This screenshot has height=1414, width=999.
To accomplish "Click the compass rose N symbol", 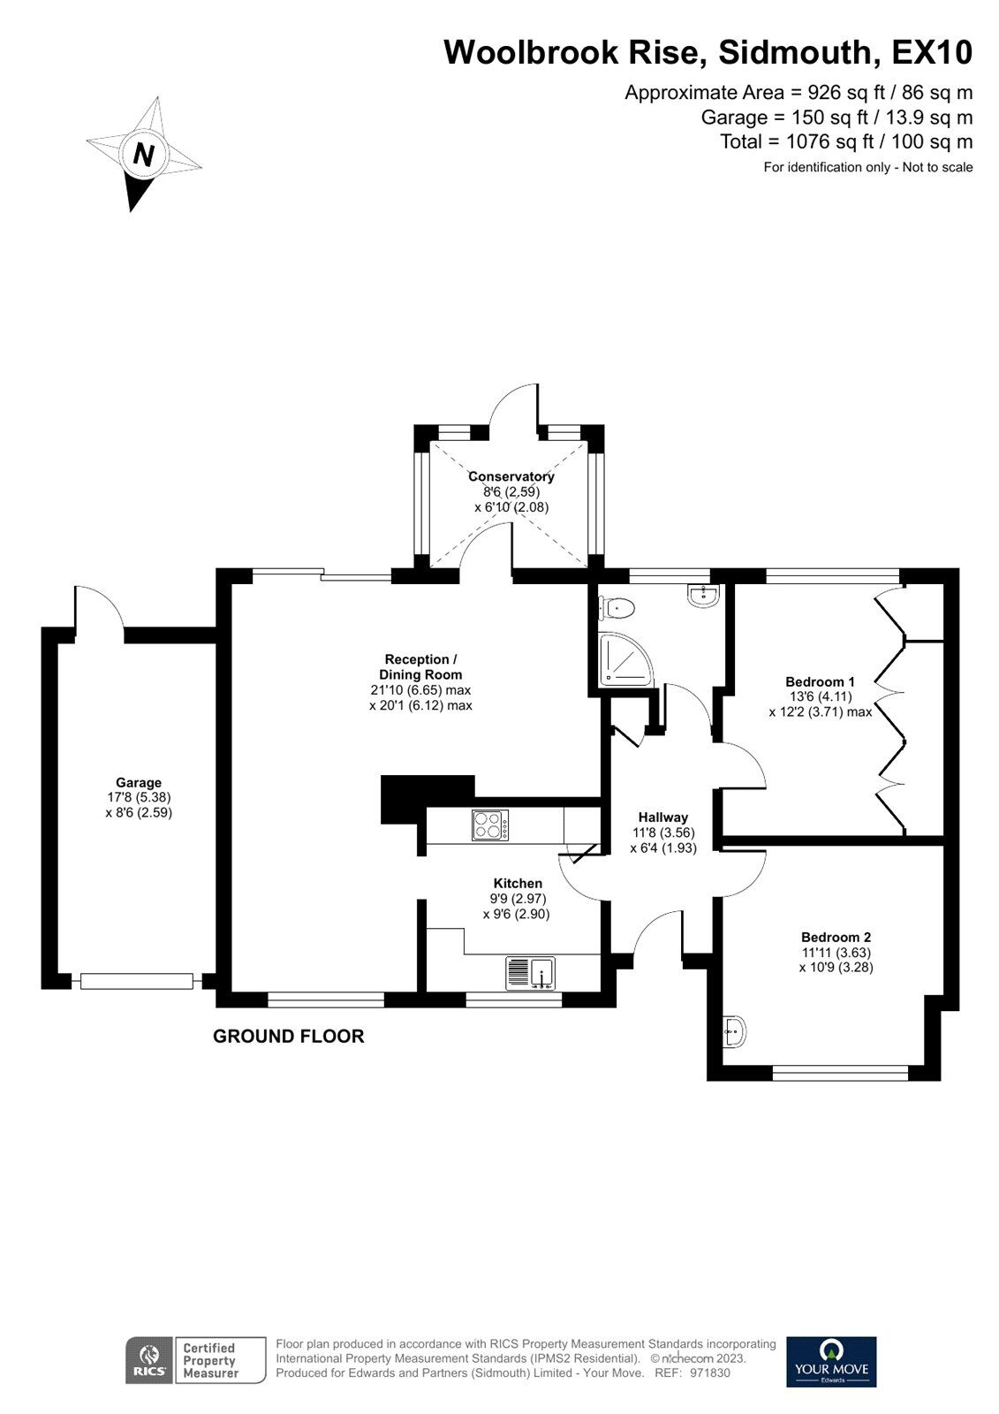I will click(x=143, y=155).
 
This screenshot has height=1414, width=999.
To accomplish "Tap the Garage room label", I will click(x=139, y=782).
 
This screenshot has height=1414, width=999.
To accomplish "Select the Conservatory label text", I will click(x=511, y=476).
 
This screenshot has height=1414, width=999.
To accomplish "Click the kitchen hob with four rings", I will click(x=490, y=825).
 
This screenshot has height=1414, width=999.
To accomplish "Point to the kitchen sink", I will click(x=530, y=973).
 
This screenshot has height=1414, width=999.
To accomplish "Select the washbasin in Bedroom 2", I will click(x=733, y=1030).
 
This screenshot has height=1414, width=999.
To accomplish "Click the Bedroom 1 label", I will click(x=820, y=681).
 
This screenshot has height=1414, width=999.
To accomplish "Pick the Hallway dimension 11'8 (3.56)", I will click(x=662, y=832).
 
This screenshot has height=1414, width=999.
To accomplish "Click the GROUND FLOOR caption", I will click(x=288, y=1037).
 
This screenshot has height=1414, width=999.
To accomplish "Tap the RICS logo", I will click(x=148, y=1360).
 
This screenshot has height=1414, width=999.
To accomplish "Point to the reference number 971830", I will click(x=709, y=1373).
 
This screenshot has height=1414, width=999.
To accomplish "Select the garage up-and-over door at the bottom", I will click(x=136, y=980).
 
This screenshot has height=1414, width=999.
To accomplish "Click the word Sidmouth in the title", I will click(x=792, y=52).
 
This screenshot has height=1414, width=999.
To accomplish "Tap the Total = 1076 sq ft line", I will click(x=845, y=141).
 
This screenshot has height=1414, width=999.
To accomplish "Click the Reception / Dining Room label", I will click(x=420, y=666).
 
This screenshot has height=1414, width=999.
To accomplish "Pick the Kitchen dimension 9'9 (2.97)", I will click(x=518, y=899).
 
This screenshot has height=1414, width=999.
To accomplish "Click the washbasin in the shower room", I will click(x=704, y=595).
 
